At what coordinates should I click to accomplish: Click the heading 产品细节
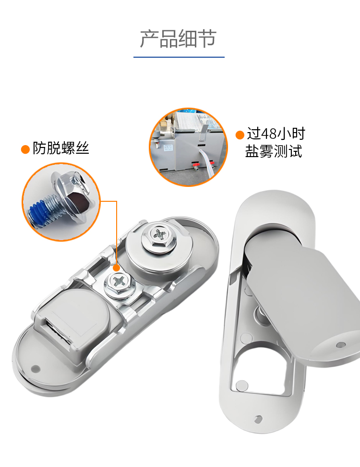tap(178, 39)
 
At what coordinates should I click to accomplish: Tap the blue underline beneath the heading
tap(179, 57)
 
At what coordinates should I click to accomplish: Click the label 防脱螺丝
tap(61, 148)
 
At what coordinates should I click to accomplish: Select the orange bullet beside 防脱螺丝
tap(25, 149)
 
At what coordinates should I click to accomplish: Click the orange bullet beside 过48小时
tap(240, 135)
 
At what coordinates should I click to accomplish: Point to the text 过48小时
tap(276, 134)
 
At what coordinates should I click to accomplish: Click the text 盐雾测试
tap(274, 151)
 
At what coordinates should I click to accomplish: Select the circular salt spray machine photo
tap(188, 147)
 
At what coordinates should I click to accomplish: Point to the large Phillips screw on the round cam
tap(159, 235)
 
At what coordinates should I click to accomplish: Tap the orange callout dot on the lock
tap(116, 268)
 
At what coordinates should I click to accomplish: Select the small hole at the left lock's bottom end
tap(36, 369)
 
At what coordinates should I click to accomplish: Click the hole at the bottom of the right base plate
tap(258, 419)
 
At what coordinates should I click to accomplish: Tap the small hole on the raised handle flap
tap(341, 345)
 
